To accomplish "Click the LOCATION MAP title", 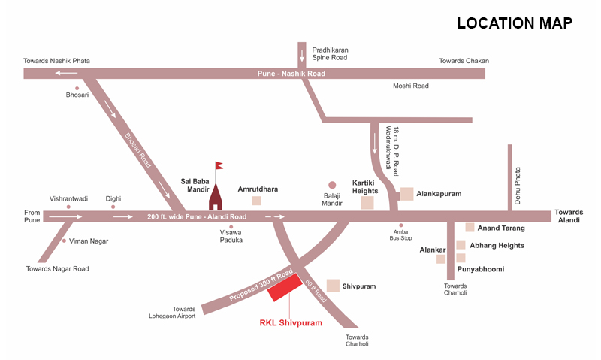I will pyautogui.click(x=515, y=23).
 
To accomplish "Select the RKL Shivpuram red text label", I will pyautogui.click(x=291, y=323).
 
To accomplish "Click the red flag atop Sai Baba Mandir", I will pyautogui.click(x=219, y=165).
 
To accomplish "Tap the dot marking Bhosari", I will pyautogui.click(x=76, y=88).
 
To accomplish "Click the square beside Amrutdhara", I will pyautogui.click(x=256, y=201).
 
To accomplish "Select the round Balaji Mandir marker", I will pyautogui.click(x=332, y=184).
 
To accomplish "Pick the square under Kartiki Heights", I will pyautogui.click(x=367, y=202).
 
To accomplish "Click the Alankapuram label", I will pyautogui.click(x=439, y=194).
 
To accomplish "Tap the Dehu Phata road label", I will pyautogui.click(x=517, y=181).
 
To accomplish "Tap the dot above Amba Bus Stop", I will pyautogui.click(x=400, y=225).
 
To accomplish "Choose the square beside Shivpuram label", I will pyautogui.click(x=333, y=286).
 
